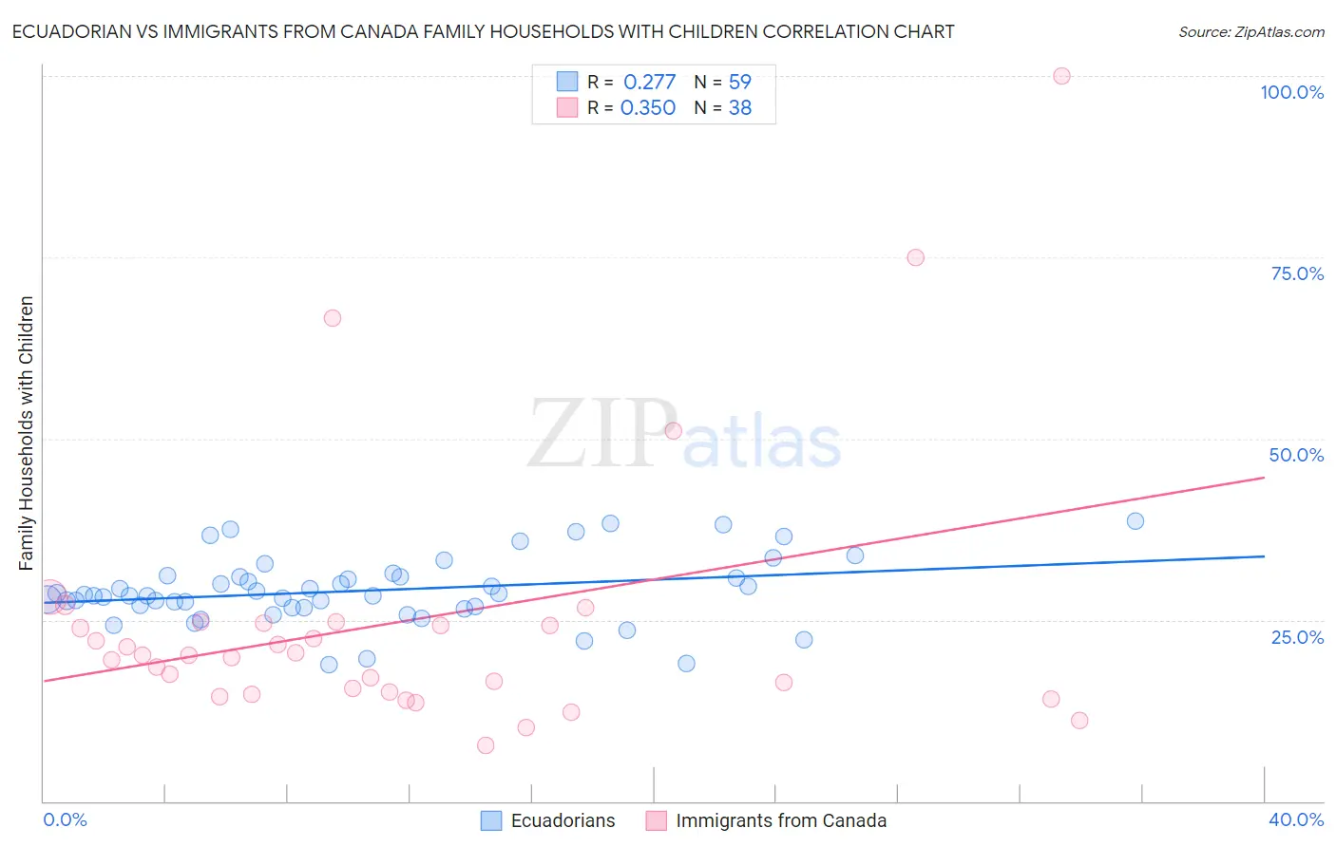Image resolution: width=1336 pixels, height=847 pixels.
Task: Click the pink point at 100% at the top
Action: click(x=1061, y=76)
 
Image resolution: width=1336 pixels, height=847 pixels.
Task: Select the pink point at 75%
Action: click(x=915, y=257)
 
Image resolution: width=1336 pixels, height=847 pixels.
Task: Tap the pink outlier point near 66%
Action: click(x=332, y=318)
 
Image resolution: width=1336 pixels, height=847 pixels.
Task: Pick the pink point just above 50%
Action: click(x=674, y=430)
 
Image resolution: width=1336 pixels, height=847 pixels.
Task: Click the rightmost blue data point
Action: click(x=1135, y=520)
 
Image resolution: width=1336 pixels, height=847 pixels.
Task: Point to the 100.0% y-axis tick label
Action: click(x=1291, y=92)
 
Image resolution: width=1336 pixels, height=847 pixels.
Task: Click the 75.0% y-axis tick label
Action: click(x=1297, y=273)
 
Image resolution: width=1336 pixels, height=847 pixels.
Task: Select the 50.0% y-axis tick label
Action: click(x=1296, y=455)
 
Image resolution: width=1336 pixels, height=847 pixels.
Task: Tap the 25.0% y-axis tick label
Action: click(x=1297, y=636)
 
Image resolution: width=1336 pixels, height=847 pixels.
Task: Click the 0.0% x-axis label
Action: click(x=66, y=819)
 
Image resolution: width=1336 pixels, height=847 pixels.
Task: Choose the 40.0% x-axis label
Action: click(x=1295, y=819)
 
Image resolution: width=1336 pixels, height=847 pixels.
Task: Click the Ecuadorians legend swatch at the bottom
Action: click(x=491, y=820)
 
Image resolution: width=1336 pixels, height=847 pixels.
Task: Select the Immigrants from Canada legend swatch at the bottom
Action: click(x=656, y=820)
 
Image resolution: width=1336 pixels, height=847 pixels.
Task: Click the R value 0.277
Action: click(x=649, y=83)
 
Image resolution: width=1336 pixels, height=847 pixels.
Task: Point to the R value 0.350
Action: click(x=647, y=108)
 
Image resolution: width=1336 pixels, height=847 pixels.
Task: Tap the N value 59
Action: click(x=739, y=83)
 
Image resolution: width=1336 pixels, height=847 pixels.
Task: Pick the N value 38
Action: click(x=739, y=108)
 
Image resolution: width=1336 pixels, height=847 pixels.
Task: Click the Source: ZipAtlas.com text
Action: click(x=1250, y=32)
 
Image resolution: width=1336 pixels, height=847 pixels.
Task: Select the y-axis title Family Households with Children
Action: click(x=27, y=433)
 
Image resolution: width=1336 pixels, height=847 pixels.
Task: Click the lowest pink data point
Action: click(x=486, y=745)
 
